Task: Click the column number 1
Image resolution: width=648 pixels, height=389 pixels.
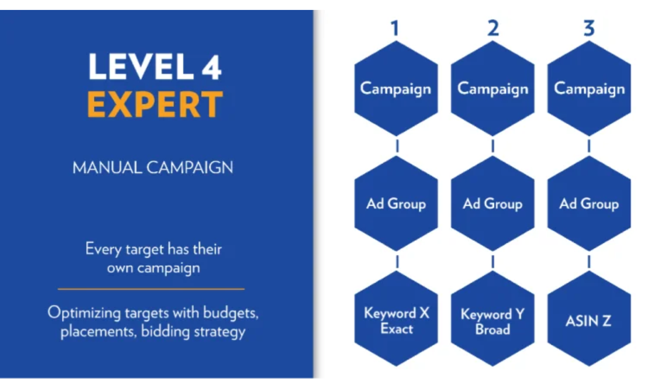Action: [394, 29]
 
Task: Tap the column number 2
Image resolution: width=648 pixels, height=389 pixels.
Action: [493, 29]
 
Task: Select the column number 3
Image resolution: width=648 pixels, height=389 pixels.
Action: [589, 29]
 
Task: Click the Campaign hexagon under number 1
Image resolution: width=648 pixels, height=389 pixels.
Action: [396, 89]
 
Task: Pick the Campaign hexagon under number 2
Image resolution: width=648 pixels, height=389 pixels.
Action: [492, 89]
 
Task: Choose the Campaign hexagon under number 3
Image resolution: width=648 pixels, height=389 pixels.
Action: [589, 89]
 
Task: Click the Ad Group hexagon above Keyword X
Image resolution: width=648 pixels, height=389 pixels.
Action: [396, 204]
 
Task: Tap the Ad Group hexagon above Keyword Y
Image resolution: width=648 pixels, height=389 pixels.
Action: [492, 204]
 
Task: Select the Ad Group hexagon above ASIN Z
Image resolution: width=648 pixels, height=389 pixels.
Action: [589, 204]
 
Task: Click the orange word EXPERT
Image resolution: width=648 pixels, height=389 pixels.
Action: [155, 105]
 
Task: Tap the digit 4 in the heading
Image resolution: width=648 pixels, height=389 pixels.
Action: [212, 67]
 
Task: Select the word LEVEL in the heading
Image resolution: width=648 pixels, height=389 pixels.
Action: [141, 67]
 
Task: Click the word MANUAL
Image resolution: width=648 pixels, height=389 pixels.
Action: [107, 168]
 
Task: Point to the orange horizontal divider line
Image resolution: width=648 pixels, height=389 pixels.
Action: [151, 289]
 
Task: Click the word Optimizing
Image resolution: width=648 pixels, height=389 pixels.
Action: [84, 312]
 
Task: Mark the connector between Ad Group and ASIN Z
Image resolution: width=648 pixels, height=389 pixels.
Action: [589, 261]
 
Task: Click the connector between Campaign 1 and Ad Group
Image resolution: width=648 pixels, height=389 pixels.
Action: [397, 146]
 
